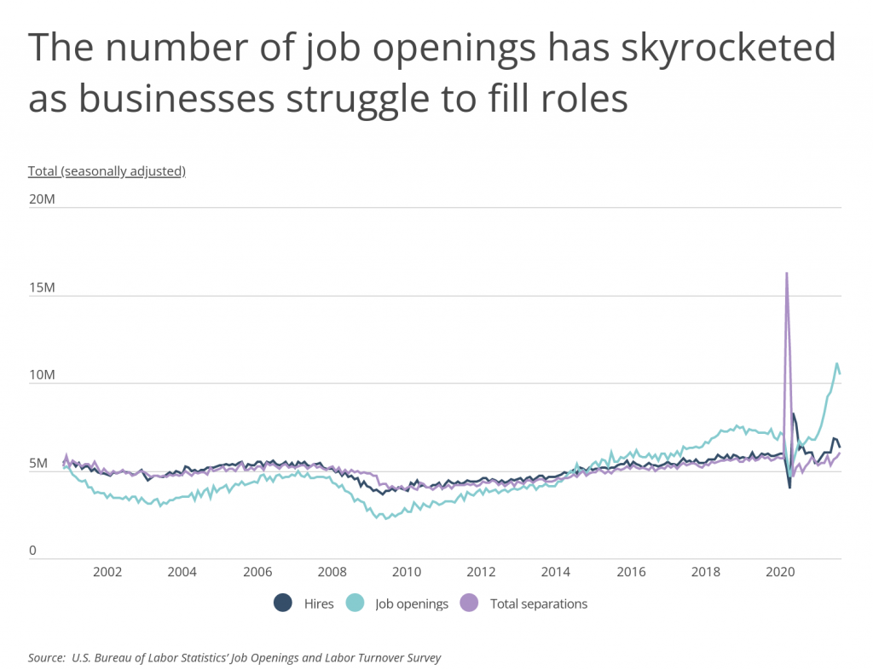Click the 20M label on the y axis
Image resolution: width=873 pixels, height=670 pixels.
(42, 199)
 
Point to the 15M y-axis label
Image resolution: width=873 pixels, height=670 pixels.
(42, 288)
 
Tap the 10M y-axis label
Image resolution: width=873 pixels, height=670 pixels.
(42, 376)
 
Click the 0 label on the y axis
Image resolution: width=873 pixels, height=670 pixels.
(33, 552)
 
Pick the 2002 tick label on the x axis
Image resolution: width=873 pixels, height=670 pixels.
(107, 571)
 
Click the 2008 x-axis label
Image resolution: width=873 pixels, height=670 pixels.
(332, 571)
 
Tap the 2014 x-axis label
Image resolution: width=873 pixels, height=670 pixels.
(556, 571)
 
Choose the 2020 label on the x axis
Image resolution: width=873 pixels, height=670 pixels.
(780, 571)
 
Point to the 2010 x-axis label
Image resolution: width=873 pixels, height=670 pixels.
(407, 571)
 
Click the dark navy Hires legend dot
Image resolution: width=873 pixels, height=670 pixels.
(283, 604)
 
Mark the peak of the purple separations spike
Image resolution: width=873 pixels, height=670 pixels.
(786, 273)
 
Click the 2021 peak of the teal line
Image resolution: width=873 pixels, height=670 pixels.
(836, 364)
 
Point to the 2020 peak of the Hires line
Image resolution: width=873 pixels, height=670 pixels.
(794, 414)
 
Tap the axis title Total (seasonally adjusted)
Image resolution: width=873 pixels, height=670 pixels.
(107, 170)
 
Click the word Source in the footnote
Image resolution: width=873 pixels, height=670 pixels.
(46, 657)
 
